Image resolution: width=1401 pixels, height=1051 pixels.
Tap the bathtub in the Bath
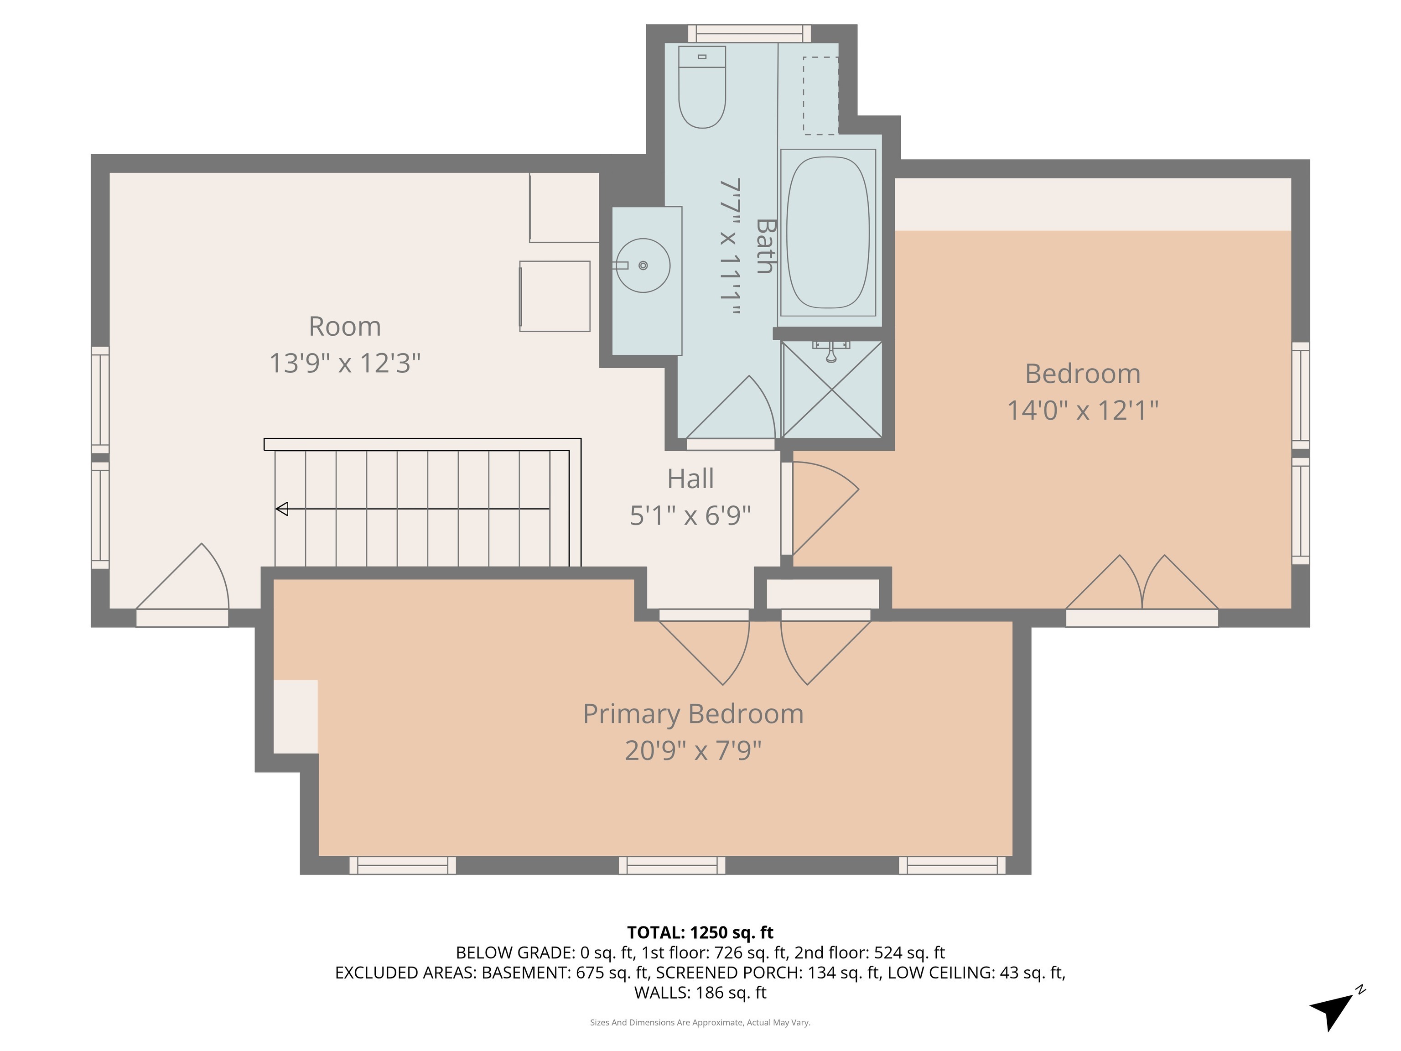[x=828, y=233]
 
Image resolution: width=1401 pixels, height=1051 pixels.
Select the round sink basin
[x=643, y=265]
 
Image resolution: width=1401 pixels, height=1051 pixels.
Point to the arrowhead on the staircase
[x=282, y=509]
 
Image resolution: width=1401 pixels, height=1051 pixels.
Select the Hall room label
[x=690, y=479]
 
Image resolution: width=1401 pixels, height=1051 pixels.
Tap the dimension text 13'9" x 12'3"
[x=345, y=364]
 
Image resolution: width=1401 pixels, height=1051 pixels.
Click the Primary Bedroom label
[x=693, y=714]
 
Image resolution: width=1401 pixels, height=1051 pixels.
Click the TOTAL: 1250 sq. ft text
[x=700, y=932]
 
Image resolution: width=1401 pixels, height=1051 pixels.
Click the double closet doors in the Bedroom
[x=1142, y=583]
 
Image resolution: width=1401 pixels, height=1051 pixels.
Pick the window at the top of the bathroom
[x=749, y=34]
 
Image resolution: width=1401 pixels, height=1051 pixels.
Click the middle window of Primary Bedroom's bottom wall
[x=672, y=865]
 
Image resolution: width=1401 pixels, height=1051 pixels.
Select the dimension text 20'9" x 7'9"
[x=693, y=751]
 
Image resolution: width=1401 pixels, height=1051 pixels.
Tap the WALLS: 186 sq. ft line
[x=700, y=993]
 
